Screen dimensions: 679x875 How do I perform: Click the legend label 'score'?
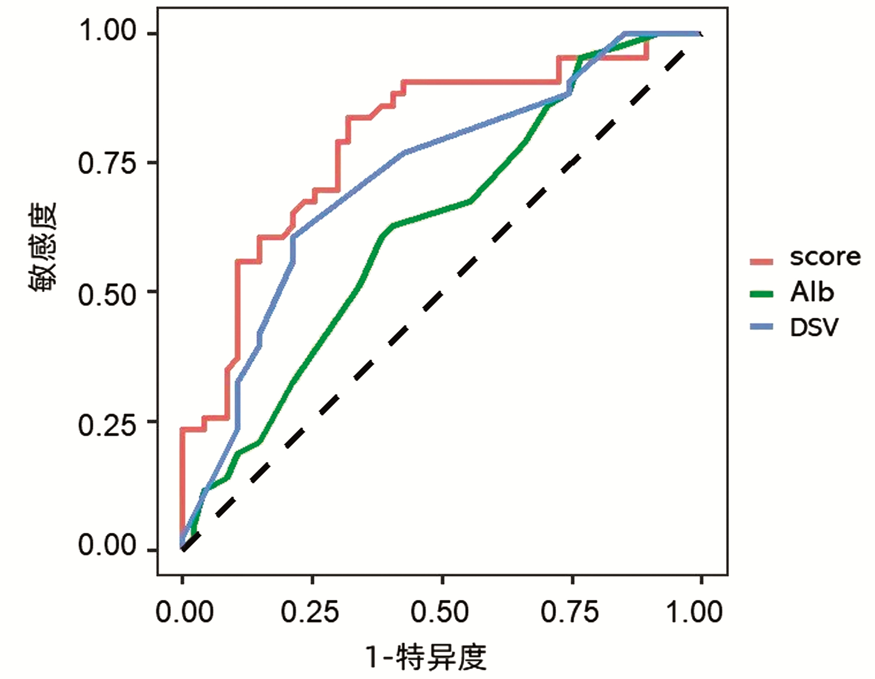coord(825,257)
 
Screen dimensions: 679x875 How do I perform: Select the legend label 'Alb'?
coord(812,292)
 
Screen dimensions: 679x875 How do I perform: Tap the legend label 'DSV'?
coord(814,327)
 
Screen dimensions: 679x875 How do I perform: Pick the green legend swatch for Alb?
coord(761,294)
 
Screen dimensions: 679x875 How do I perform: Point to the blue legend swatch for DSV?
coord(761,327)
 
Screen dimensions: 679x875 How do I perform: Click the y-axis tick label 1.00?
coord(108,31)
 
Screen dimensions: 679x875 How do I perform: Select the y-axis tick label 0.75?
coord(108,163)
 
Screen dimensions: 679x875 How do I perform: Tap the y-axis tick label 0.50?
coord(108,294)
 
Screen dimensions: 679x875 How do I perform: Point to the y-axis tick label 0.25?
coord(108,424)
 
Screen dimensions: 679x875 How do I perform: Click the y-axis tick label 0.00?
coord(108,546)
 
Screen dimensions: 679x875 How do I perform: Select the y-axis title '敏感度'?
coord(43,247)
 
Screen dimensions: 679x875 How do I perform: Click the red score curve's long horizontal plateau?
coord(480,82)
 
